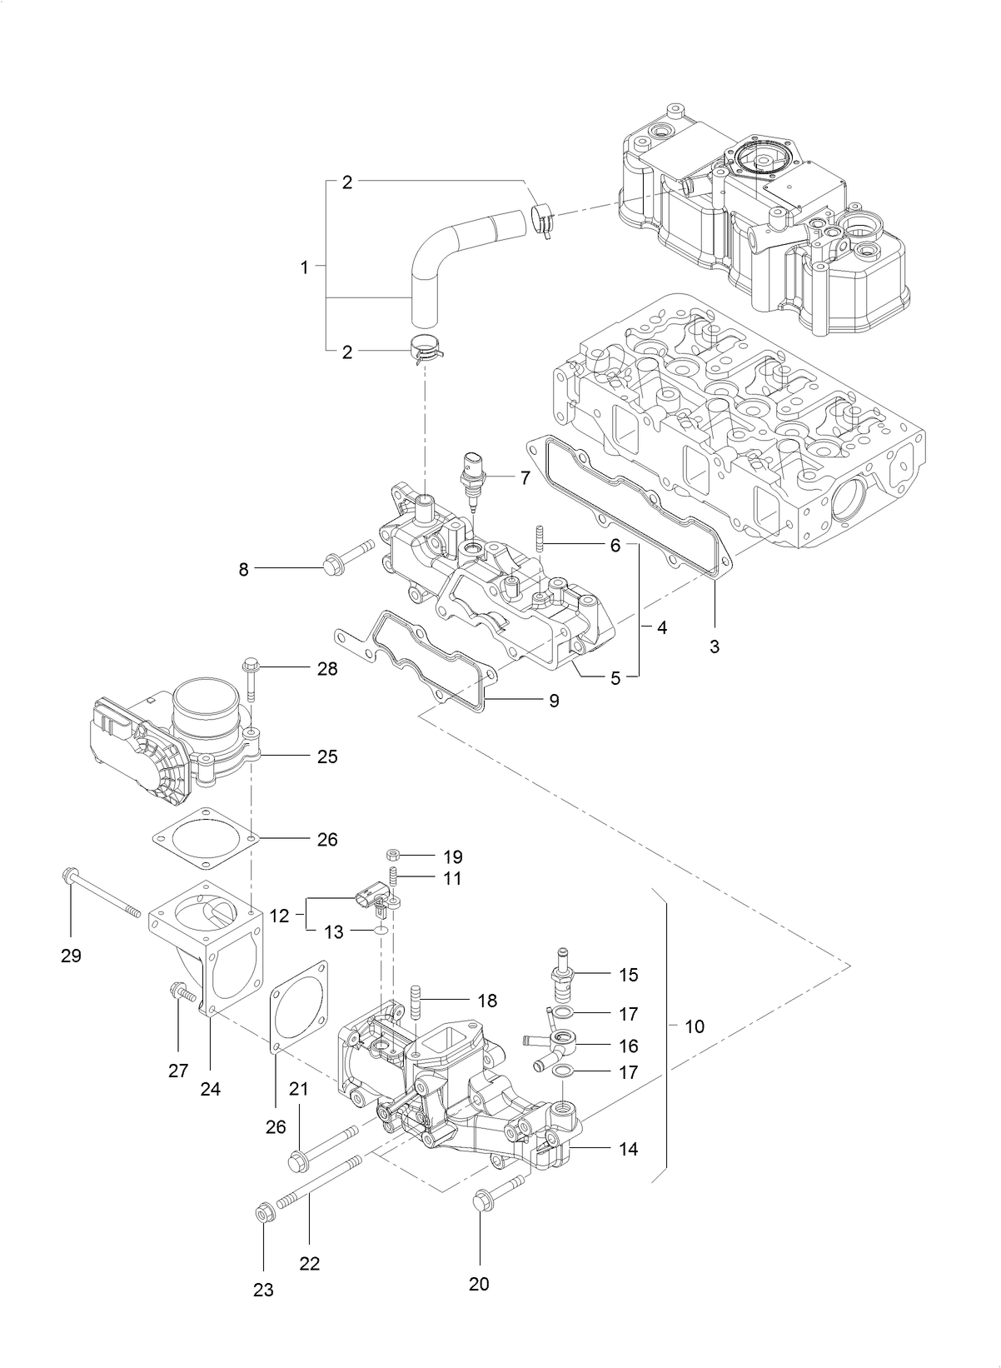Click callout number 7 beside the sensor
point(525,477)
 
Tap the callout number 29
point(71,956)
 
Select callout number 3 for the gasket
point(715,646)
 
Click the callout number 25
point(326,756)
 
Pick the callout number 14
point(628,1149)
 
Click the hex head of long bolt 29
point(70,876)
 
